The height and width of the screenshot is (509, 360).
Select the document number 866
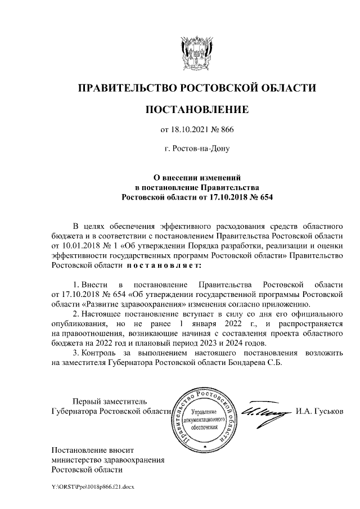coord(225,130)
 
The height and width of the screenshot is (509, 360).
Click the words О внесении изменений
coord(197,177)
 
